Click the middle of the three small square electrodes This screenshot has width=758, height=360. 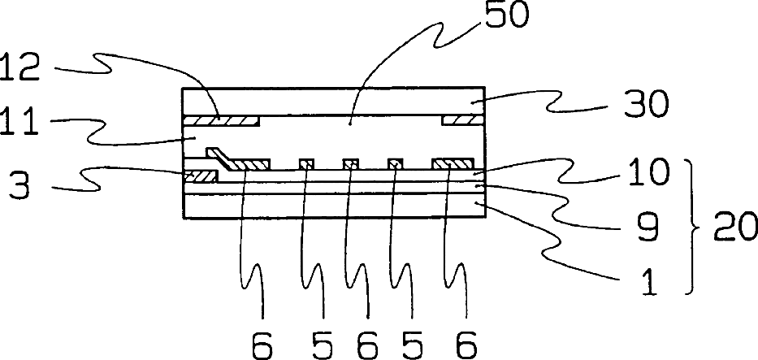pyautogui.click(x=350, y=165)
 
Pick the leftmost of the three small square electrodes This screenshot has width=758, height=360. pyautogui.click(x=305, y=165)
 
